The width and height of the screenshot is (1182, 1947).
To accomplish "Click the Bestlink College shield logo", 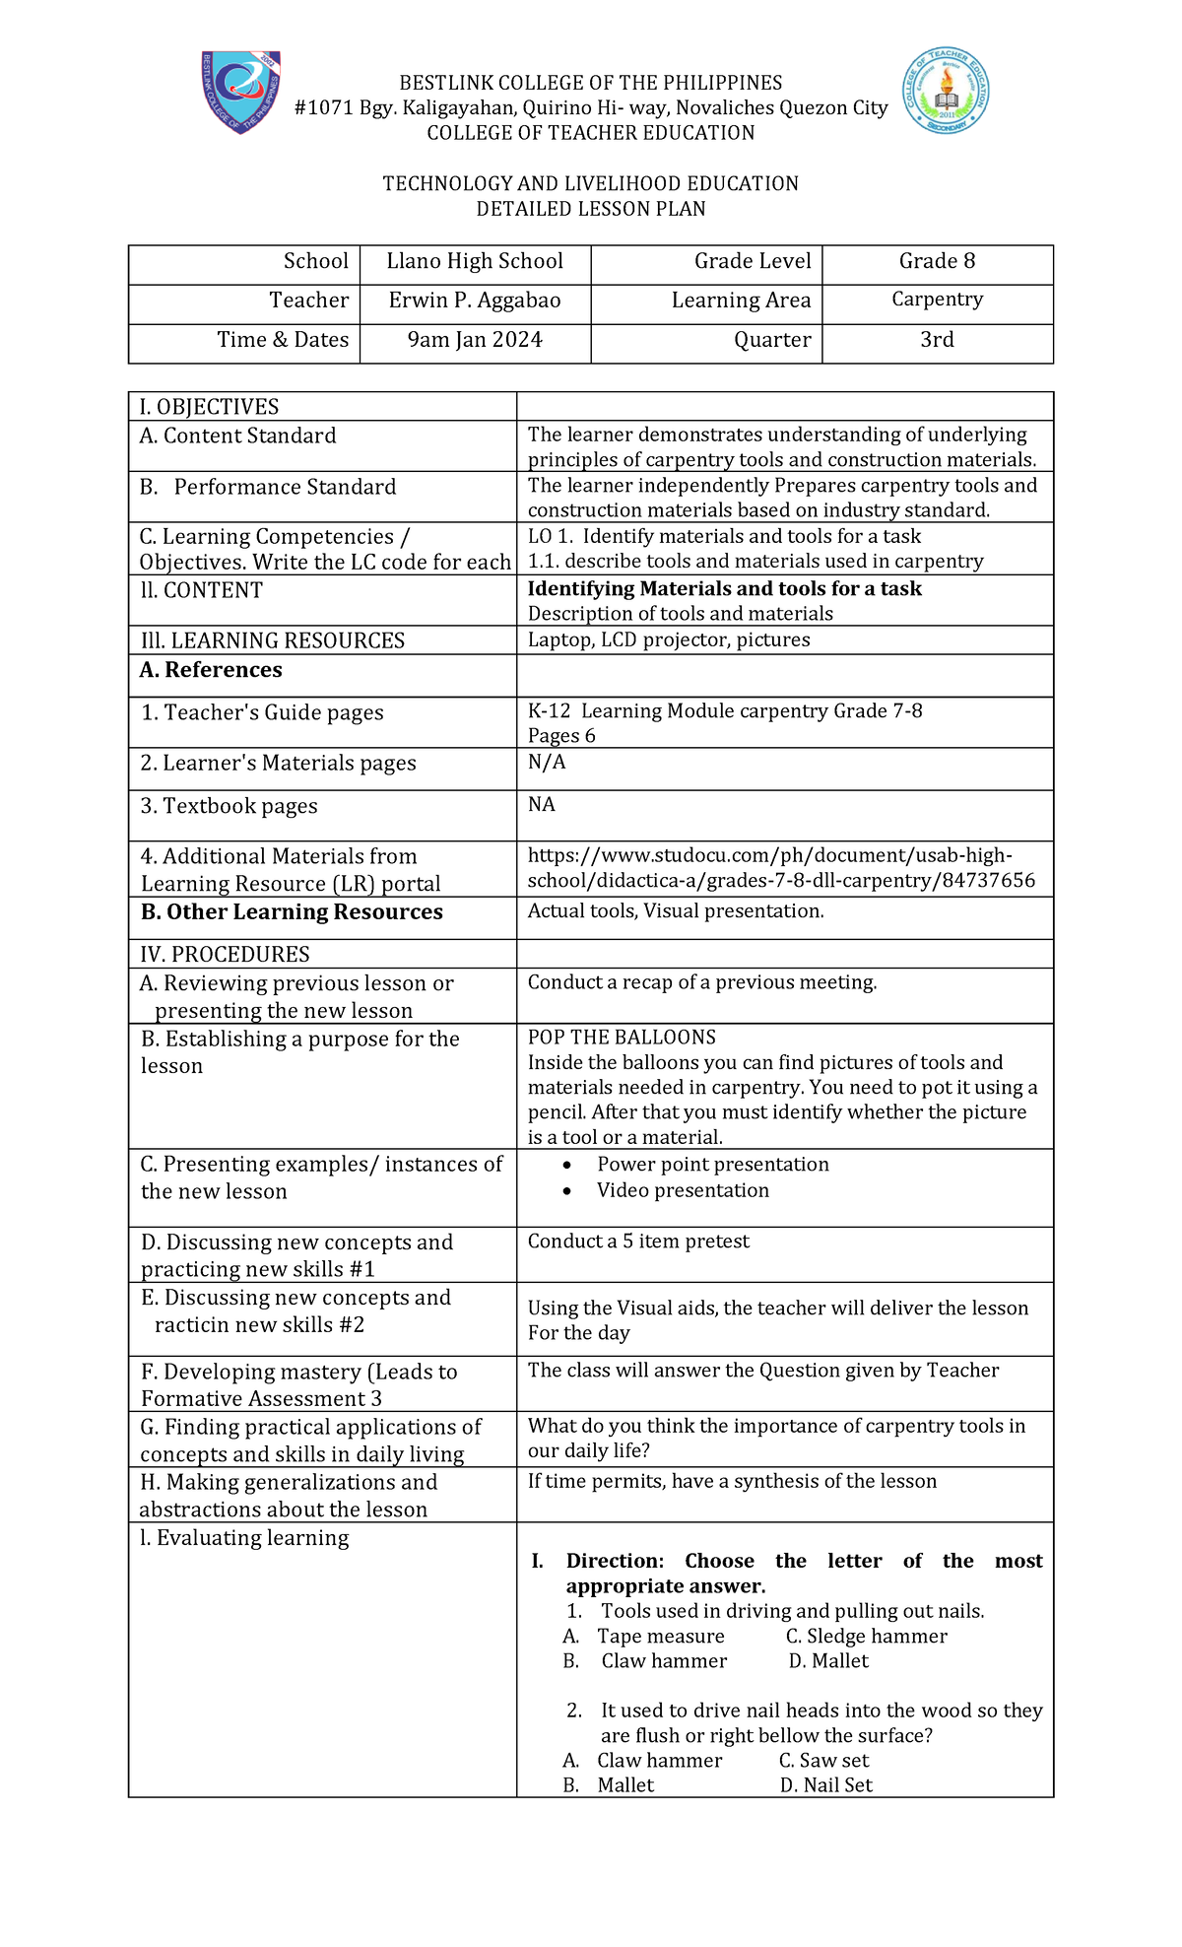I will [240, 92].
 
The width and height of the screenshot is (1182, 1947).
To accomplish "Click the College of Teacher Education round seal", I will [946, 92].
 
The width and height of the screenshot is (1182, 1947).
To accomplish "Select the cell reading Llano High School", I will [475, 262].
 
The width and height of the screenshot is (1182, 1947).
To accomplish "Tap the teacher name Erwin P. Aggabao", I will [475, 302].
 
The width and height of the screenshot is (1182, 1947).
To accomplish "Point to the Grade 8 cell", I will [937, 262].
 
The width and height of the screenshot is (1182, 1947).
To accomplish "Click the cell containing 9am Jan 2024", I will [475, 341].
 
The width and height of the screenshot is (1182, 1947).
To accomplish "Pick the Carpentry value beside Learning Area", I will [937, 300].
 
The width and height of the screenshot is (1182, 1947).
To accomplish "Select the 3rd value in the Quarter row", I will [937, 341].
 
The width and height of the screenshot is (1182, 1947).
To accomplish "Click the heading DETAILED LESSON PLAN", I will [590, 210].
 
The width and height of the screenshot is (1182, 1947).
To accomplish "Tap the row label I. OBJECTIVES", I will [209, 408].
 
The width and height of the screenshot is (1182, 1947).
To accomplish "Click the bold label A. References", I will [211, 671].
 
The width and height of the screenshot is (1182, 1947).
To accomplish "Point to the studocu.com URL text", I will [780, 868].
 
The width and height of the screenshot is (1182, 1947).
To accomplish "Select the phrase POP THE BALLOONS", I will [622, 1038].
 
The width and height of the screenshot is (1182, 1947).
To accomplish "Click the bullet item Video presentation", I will [683, 1191].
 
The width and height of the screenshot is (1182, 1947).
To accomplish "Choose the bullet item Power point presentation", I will [712, 1166].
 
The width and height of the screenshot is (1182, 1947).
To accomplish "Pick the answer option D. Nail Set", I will [826, 1785].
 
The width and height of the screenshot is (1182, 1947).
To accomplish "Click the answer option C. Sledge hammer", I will [866, 1637].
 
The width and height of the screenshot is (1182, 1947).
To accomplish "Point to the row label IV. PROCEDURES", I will [225, 955].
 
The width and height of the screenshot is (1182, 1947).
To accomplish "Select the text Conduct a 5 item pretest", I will [638, 1242].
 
